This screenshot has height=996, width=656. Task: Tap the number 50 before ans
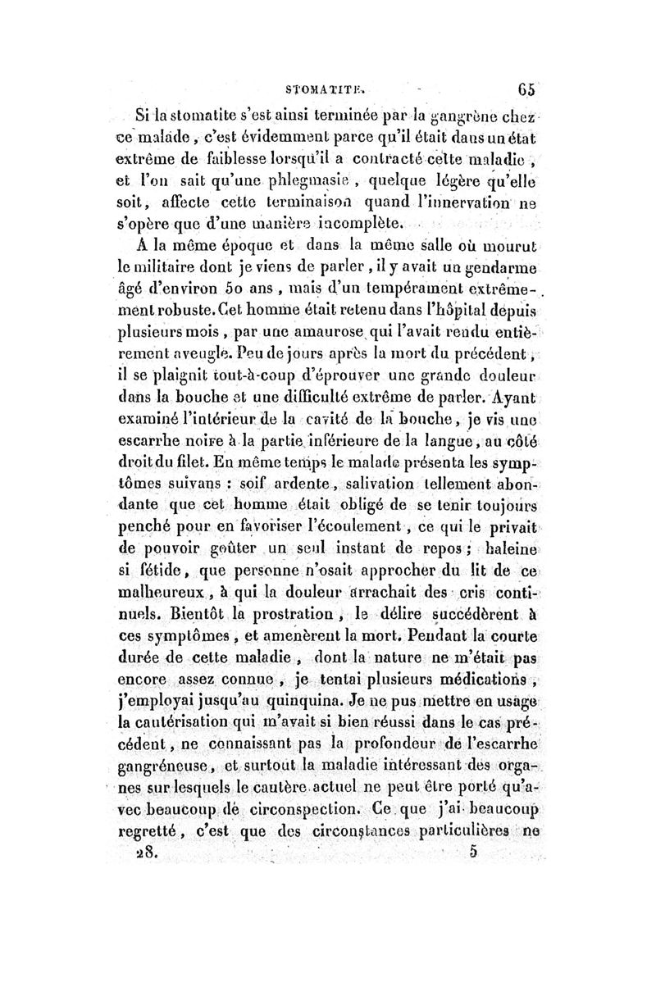[257, 290]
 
